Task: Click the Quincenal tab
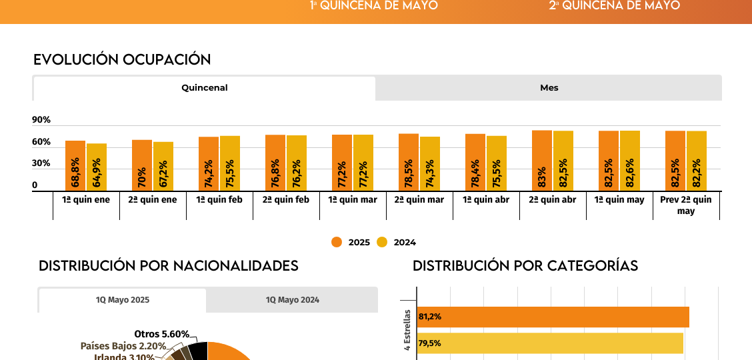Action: pos(204,88)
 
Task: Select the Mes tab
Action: pos(549,88)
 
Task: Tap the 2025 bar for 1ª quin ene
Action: pos(75,166)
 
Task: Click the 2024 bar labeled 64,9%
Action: pos(97,167)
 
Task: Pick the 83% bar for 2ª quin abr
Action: pos(542,161)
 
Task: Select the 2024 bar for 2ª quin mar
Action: pos(430,164)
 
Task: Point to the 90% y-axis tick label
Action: pos(41,120)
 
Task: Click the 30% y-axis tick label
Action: pos(41,163)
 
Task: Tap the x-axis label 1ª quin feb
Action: pos(219,200)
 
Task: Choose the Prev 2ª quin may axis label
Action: pos(686,205)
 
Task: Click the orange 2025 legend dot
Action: pos(337,242)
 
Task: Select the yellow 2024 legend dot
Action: pos(382,242)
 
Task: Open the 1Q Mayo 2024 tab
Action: pos(292,300)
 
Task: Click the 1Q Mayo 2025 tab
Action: pos(122,300)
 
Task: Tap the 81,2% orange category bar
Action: pos(553,317)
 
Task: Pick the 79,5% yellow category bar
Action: pos(550,343)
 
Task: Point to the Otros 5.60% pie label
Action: pos(161,334)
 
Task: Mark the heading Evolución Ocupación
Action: pos(122,59)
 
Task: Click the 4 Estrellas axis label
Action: pos(407,329)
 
